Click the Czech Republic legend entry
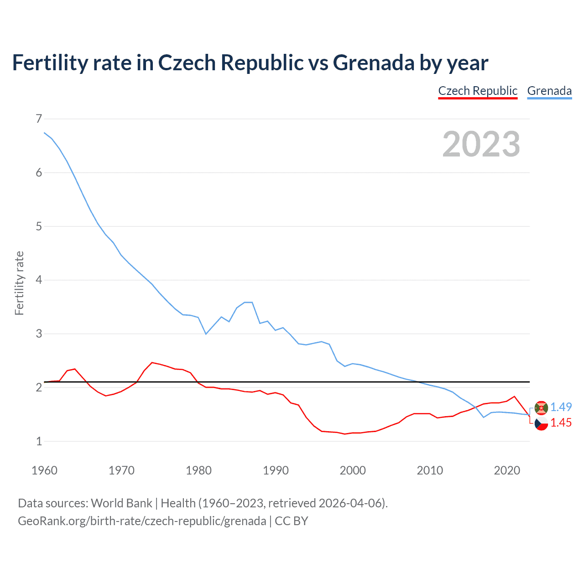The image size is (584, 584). pyautogui.click(x=478, y=91)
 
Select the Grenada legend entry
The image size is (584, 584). pyautogui.click(x=549, y=91)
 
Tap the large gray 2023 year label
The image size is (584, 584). pyautogui.click(x=481, y=144)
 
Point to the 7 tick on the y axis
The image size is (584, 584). pyautogui.click(x=39, y=119)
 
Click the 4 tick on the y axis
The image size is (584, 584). pyautogui.click(x=39, y=280)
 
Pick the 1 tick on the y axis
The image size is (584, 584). pyautogui.click(x=39, y=441)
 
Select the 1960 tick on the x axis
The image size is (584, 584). pyautogui.click(x=44, y=470)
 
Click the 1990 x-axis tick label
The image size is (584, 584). pyautogui.click(x=276, y=470)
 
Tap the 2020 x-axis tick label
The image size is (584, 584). pyautogui.click(x=507, y=470)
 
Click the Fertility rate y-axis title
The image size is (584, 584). pyautogui.click(x=19, y=283)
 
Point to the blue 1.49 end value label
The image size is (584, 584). pyautogui.click(x=561, y=407)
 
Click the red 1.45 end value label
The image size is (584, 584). pyautogui.click(x=561, y=423)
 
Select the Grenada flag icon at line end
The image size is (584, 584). pyautogui.click(x=541, y=407)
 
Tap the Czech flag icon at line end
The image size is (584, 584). pyautogui.click(x=541, y=423)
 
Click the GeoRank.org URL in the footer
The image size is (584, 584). pyautogui.click(x=142, y=521)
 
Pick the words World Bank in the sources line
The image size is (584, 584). pyautogui.click(x=121, y=503)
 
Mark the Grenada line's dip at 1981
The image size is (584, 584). pyautogui.click(x=206, y=334)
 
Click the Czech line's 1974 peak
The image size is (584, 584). pyautogui.click(x=152, y=362)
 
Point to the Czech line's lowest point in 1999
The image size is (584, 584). pyautogui.click(x=345, y=434)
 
